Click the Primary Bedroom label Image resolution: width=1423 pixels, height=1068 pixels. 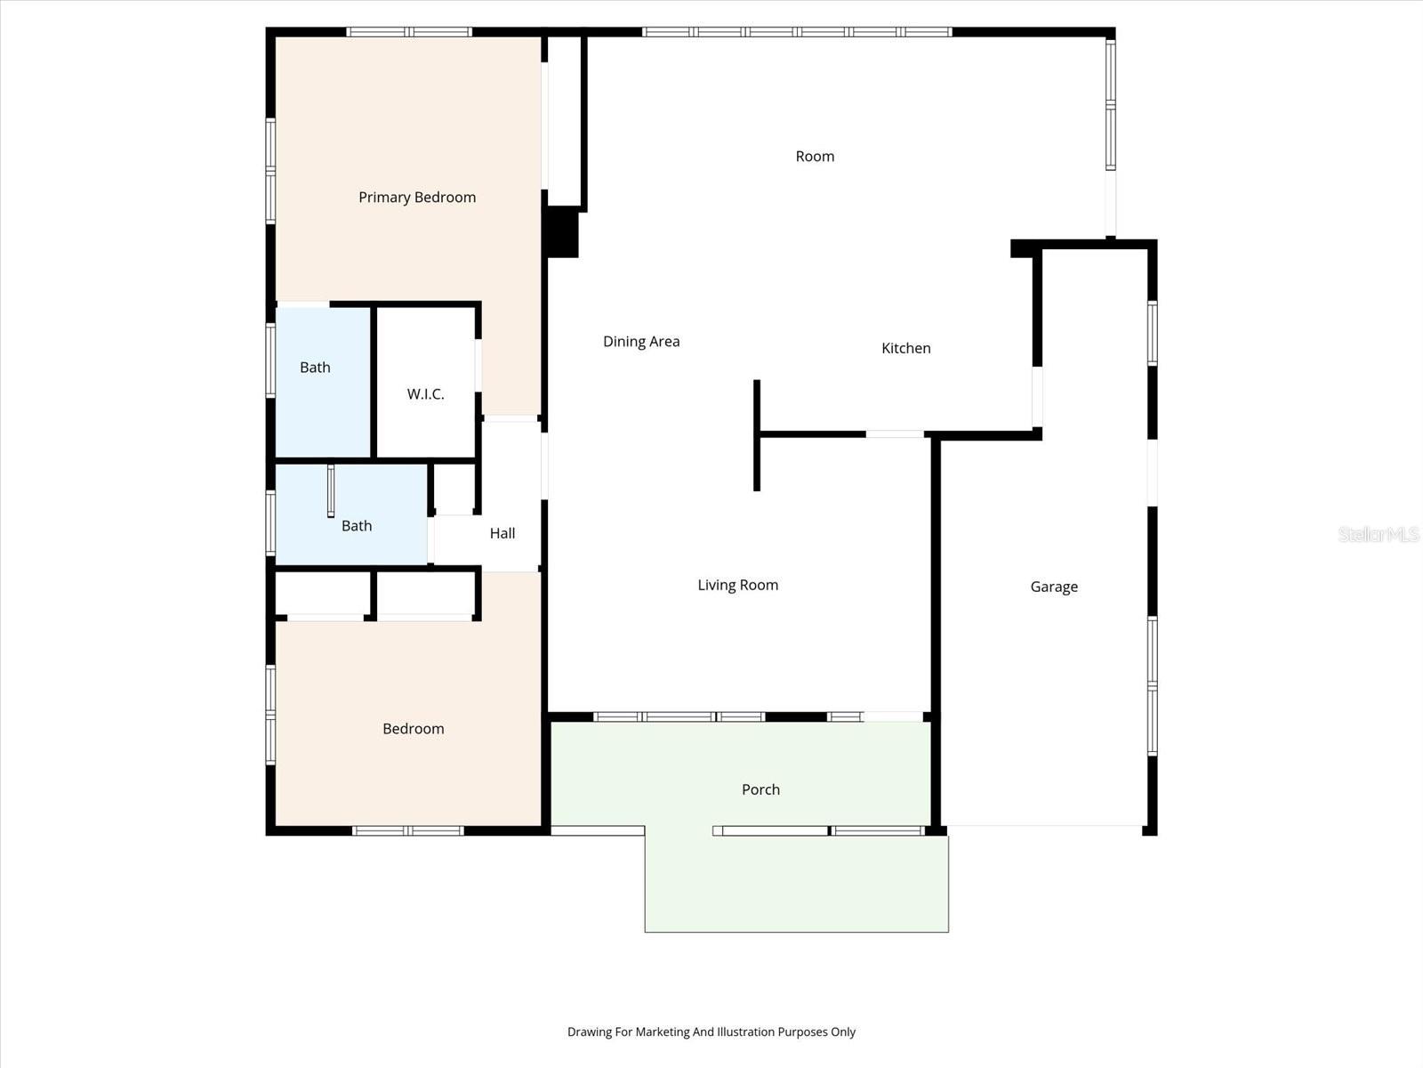pyautogui.click(x=417, y=198)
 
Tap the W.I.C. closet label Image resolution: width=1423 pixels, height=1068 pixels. pyautogui.click(x=425, y=394)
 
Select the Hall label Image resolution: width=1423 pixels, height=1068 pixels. pyautogui.click(x=502, y=534)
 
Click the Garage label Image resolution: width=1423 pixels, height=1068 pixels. pyautogui.click(x=1054, y=587)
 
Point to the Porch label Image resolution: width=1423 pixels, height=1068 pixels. pyautogui.click(x=760, y=790)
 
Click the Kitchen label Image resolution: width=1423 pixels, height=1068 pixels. pyautogui.click(x=905, y=349)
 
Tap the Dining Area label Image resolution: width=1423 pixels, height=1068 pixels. pyautogui.click(x=641, y=342)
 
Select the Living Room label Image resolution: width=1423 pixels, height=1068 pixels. pyautogui.click(x=737, y=586)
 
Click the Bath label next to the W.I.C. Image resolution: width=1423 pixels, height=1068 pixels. pyautogui.click(x=315, y=368)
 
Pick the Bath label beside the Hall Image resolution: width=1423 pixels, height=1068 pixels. pyautogui.click(x=357, y=526)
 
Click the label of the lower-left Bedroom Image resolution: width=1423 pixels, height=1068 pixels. pyautogui.click(x=413, y=729)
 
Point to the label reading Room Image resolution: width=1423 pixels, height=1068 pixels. pyautogui.click(x=815, y=157)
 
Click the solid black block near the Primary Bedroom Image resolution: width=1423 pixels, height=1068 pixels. pyautogui.click(x=562, y=232)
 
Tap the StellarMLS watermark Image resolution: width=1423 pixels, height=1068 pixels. pyautogui.click(x=1379, y=534)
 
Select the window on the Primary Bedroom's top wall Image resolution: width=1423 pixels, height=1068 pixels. pyautogui.click(x=409, y=32)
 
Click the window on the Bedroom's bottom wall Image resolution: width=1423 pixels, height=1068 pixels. pyautogui.click(x=408, y=830)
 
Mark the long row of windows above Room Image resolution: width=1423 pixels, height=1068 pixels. pyautogui.click(x=797, y=32)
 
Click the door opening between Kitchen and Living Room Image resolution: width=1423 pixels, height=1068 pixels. pyautogui.click(x=895, y=434)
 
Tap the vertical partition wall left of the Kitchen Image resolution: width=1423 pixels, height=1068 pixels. pyautogui.click(x=757, y=436)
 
